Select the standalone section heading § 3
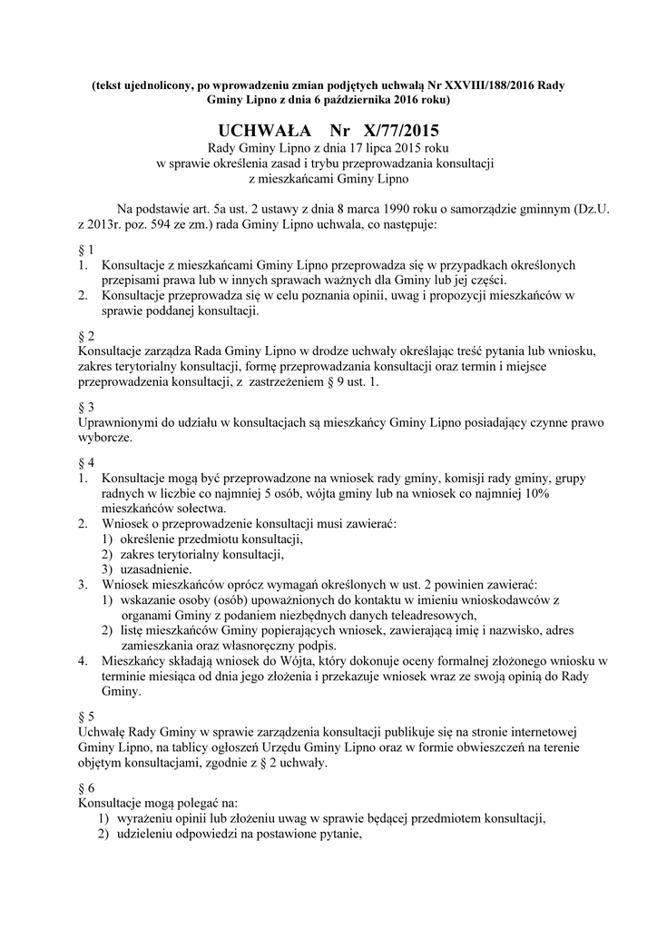point(87,407)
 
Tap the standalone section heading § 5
point(87,716)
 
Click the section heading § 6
point(87,787)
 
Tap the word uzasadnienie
point(155,569)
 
